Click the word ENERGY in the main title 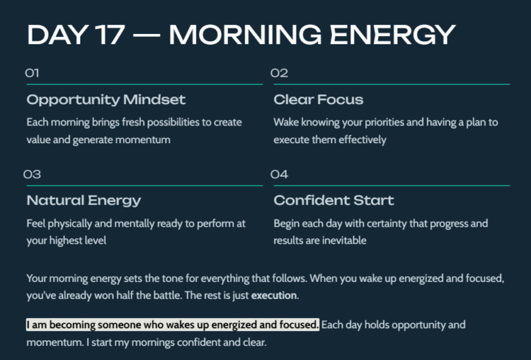point(386,34)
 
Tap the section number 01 point(32,73)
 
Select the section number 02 point(279,73)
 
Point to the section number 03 point(32,175)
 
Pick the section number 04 point(279,175)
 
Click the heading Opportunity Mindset point(106,100)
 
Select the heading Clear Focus point(319,100)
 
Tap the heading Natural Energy point(84,201)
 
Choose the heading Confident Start point(334,201)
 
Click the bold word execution point(274,296)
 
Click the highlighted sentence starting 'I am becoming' point(173,325)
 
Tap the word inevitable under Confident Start point(343,240)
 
